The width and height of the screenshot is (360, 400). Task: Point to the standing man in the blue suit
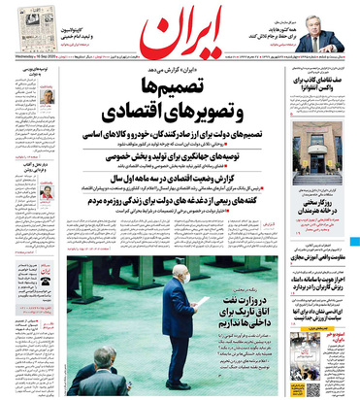(180, 320)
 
